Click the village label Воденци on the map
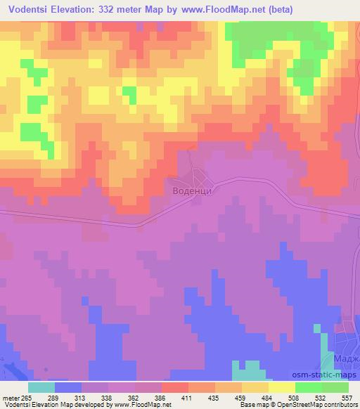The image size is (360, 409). (192, 189)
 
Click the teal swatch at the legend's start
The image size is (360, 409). (41, 387)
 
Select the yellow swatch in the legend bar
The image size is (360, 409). (281, 387)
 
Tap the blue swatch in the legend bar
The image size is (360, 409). (67, 387)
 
